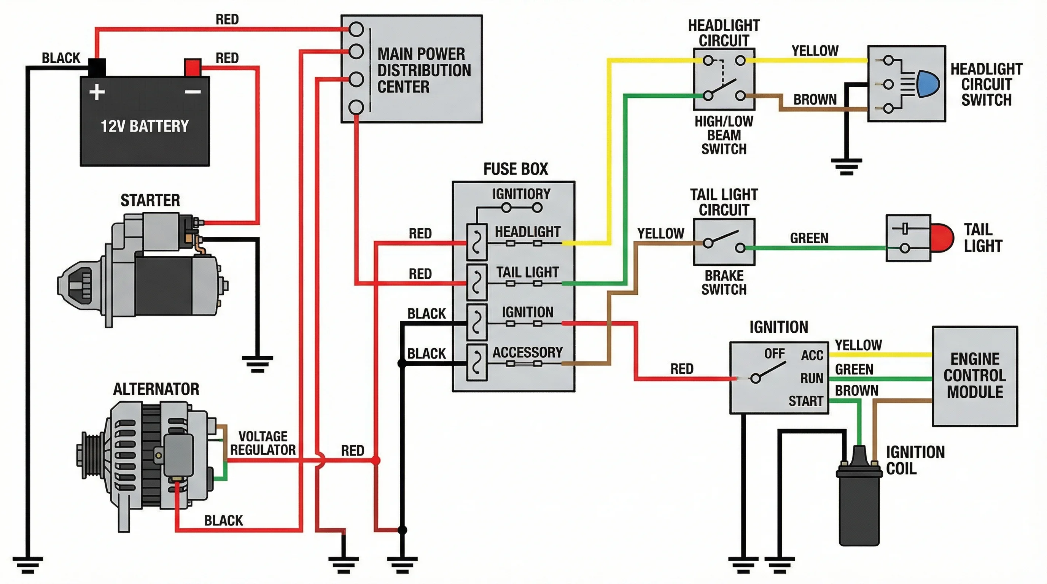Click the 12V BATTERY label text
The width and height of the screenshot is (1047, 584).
[145, 126]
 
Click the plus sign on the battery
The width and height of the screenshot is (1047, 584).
[97, 92]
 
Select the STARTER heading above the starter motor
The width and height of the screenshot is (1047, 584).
[150, 200]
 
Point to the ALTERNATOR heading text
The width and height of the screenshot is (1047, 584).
[156, 389]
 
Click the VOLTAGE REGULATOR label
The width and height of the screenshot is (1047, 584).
[263, 443]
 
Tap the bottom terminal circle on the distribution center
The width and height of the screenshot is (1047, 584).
[356, 107]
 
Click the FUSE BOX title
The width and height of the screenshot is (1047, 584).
[516, 169]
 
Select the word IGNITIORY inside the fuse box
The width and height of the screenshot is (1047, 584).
[521, 194]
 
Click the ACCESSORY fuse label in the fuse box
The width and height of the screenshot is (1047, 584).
[527, 352]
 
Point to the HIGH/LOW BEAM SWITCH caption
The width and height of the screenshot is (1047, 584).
[724, 135]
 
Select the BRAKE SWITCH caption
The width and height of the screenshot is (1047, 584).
[724, 282]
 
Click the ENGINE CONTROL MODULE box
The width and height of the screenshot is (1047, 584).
[974, 376]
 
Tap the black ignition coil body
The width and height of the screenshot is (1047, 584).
[859, 508]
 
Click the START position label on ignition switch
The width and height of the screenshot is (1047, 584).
[805, 401]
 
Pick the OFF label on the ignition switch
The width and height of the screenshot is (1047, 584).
[774, 354]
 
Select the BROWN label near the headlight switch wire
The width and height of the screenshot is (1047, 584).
[815, 100]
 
